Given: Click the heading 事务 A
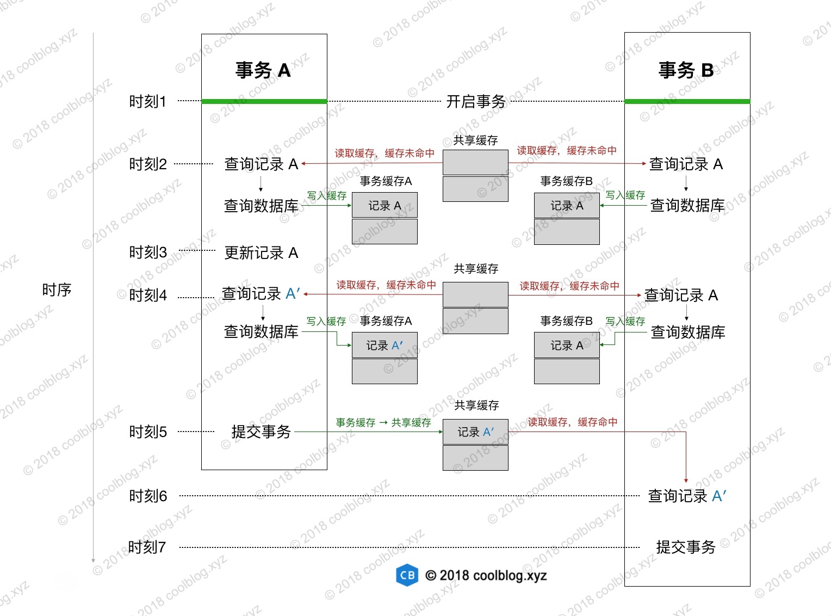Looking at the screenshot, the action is tap(263, 70).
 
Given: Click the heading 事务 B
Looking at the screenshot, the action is tap(686, 70).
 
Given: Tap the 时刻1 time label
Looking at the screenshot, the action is tap(147, 102).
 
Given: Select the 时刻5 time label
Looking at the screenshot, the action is tap(148, 432).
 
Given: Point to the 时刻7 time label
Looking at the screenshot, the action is tap(147, 547).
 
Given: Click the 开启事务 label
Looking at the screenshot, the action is tap(476, 102).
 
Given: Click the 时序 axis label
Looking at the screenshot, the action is tap(57, 290).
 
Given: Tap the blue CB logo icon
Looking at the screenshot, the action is tap(407, 575).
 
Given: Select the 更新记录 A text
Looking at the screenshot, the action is tap(261, 253).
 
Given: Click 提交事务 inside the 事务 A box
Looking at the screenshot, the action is tap(261, 432).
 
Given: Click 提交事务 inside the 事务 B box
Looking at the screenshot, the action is tap(686, 547).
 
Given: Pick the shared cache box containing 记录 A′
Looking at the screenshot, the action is tap(475, 432).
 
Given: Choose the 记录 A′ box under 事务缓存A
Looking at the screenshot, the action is tap(385, 346).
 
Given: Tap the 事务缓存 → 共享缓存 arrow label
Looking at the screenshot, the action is tap(383, 422).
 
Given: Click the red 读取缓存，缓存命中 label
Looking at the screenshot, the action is tap(573, 422).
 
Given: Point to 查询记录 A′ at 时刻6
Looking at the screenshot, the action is tap(687, 496).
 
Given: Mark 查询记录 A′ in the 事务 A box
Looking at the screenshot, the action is tap(261, 293).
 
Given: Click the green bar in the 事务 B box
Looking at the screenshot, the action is tap(687, 101).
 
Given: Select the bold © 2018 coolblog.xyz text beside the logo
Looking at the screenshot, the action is tap(486, 576).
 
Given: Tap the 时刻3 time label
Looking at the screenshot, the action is tap(148, 252).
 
